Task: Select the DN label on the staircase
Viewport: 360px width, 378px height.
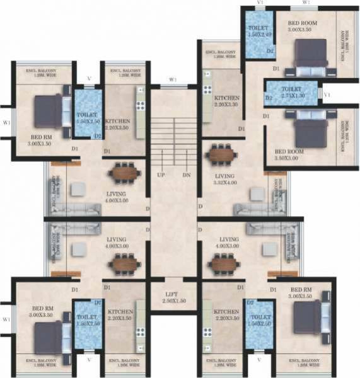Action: coord(186,174)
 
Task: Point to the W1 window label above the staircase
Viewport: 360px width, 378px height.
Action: coord(173,80)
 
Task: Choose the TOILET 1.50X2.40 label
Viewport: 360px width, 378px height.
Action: coord(259,31)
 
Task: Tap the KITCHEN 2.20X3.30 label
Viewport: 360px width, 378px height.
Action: coord(225,102)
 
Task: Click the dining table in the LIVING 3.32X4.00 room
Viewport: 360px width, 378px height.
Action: coord(221,154)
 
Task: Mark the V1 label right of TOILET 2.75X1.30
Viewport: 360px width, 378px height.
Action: coord(327,94)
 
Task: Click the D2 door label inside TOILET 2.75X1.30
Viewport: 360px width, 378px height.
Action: coord(269,98)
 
